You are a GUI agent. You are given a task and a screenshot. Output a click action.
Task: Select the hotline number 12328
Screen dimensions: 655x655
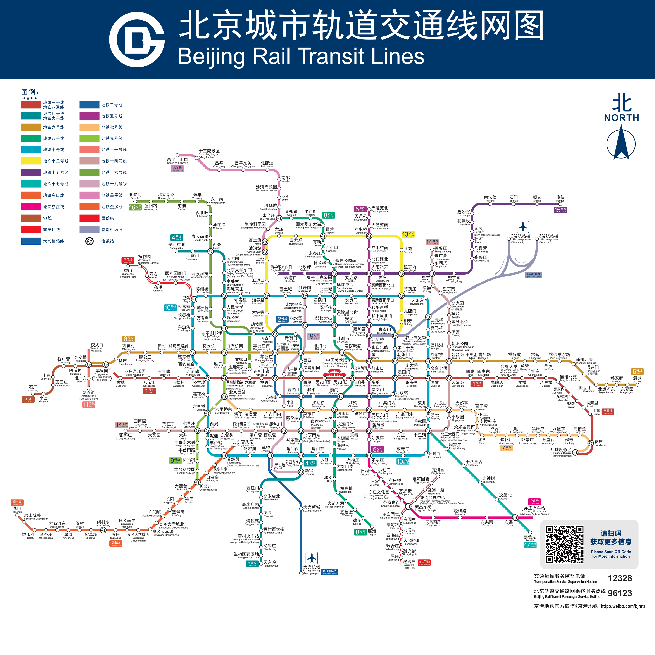click(x=620, y=578)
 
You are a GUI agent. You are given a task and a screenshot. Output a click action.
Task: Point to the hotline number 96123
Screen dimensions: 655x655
click(x=620, y=593)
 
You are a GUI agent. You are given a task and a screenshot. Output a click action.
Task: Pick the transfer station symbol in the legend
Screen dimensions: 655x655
click(x=89, y=241)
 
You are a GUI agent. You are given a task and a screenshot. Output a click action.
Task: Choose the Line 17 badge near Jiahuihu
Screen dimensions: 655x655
click(x=530, y=545)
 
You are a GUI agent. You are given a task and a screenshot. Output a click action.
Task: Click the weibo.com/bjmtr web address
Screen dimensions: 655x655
click(x=623, y=606)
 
